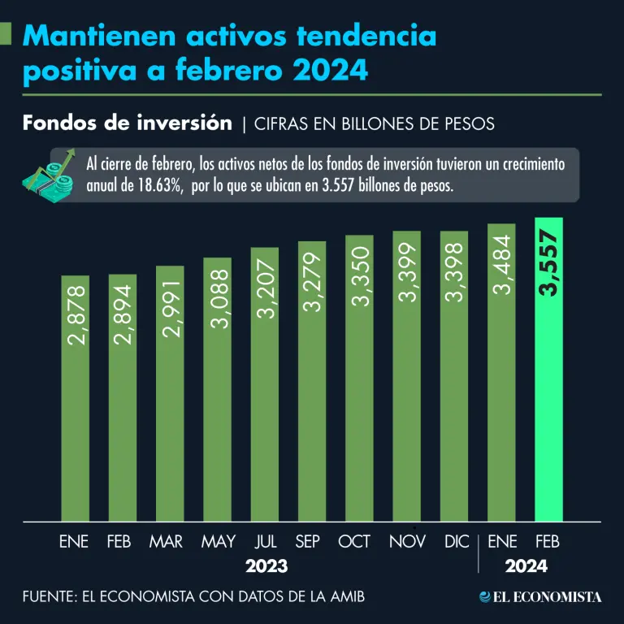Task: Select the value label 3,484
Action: [x=501, y=266]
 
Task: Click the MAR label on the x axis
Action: [x=166, y=541]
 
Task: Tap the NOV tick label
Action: [x=407, y=541]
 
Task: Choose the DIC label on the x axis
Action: [x=456, y=541]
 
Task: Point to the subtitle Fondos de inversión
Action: [x=128, y=123]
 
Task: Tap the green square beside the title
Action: [x=6, y=33]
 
